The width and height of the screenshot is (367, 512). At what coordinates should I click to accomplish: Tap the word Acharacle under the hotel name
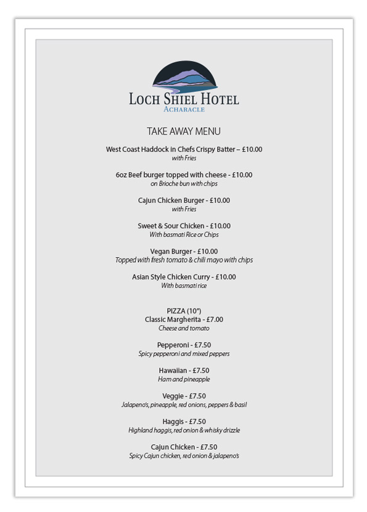tap(184, 109)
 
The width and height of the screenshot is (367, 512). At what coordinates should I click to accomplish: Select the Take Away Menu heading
tap(184, 131)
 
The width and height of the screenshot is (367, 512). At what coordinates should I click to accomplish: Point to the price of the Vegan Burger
tap(208, 251)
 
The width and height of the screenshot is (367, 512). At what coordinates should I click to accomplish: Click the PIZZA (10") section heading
tap(184, 311)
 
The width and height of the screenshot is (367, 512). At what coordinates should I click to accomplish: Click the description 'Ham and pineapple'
tap(184, 379)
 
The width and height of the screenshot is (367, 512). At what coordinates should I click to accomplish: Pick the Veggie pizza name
tap(173, 396)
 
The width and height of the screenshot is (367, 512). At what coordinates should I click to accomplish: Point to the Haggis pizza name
tap(173, 422)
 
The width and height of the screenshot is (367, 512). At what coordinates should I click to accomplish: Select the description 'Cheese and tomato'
tap(184, 328)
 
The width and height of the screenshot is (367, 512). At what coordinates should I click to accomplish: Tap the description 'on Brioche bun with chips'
tap(184, 183)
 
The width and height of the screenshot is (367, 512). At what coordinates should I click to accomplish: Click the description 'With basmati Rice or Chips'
tap(184, 234)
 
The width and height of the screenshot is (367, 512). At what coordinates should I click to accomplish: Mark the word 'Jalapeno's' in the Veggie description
tap(135, 405)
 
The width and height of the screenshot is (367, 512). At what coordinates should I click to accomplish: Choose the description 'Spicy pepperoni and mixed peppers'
tap(184, 354)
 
